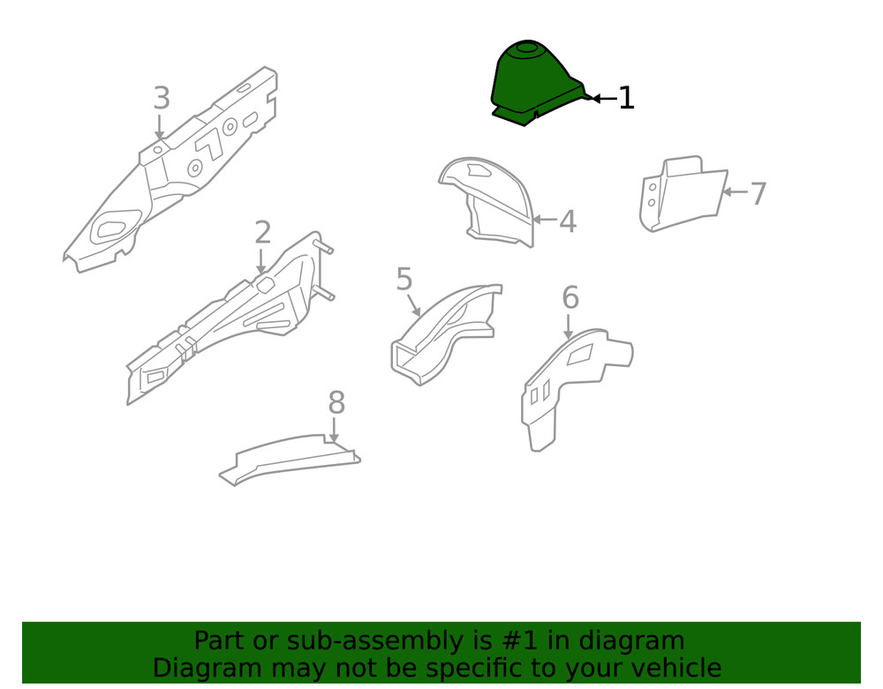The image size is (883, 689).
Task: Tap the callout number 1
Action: click(x=626, y=98)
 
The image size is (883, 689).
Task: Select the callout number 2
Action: click(x=262, y=233)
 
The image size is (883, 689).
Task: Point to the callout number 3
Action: click(x=161, y=99)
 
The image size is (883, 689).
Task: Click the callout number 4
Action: click(x=568, y=221)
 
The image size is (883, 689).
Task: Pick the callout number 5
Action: click(x=404, y=280)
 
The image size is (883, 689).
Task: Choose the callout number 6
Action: click(x=570, y=298)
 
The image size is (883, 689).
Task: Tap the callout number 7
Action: click(x=758, y=193)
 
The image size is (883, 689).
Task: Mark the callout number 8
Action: click(x=336, y=403)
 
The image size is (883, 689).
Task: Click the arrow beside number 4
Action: click(x=545, y=221)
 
